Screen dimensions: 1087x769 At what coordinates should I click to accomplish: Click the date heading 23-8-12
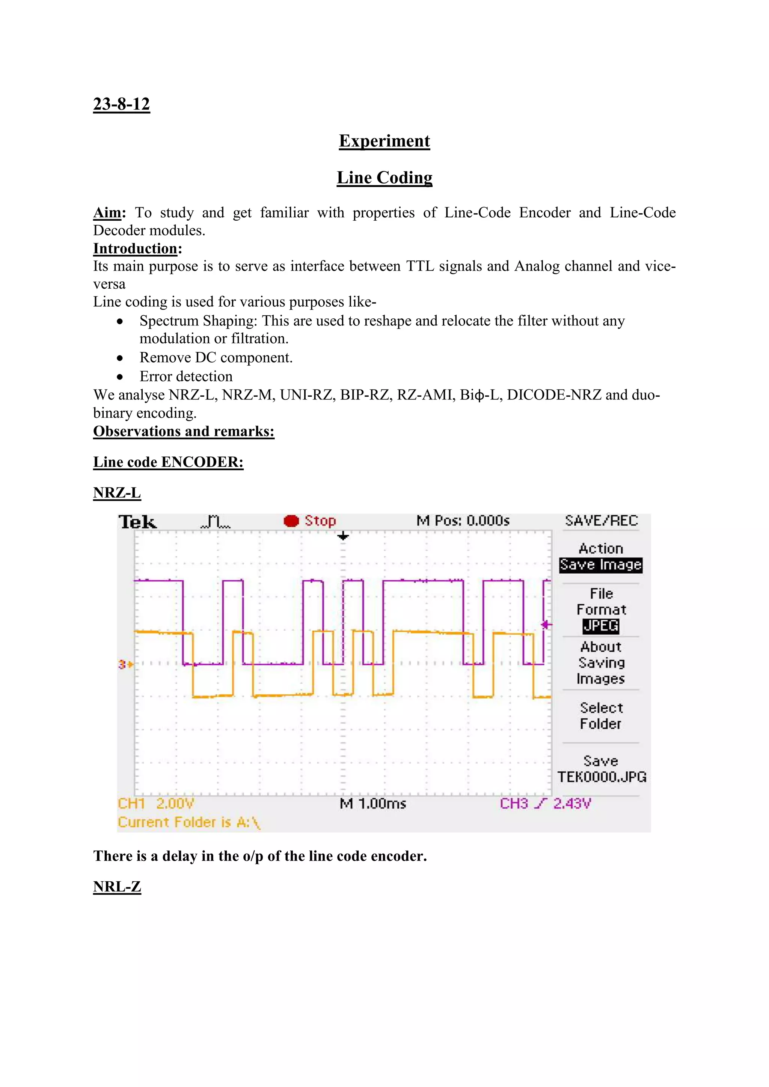[x=121, y=104]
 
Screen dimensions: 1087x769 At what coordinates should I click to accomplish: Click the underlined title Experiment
[x=384, y=141]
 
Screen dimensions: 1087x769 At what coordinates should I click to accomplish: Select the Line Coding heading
[x=384, y=178]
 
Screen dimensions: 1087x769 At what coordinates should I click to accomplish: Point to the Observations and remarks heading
[x=184, y=431]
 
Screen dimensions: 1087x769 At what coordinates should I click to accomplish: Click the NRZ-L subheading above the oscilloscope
[x=117, y=493]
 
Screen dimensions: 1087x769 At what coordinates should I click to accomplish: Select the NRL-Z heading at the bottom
[x=117, y=887]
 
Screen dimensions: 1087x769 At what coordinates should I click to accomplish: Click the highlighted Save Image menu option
[x=600, y=565]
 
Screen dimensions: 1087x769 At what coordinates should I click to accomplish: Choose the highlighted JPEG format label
[x=600, y=626]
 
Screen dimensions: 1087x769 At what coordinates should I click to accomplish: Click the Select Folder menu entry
[x=600, y=716]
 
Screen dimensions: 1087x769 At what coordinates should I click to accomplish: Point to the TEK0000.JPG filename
[x=602, y=777]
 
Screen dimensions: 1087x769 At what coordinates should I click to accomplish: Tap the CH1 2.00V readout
[x=156, y=803]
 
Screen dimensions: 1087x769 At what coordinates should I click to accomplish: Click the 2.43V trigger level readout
[x=572, y=803]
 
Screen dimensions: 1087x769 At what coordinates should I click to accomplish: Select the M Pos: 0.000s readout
[x=463, y=521]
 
